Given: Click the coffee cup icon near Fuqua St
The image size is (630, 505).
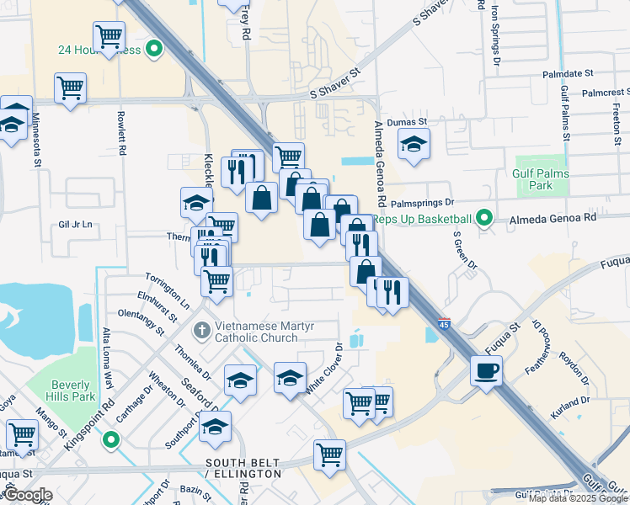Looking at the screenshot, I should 487,371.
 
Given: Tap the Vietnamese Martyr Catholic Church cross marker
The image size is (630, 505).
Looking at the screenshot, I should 201,329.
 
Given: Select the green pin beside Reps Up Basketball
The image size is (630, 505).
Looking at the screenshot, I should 483,219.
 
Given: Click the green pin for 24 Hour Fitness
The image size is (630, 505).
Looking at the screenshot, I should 153,50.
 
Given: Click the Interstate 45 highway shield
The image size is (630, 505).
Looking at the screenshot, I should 444,323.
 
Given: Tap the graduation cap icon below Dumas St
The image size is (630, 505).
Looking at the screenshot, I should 414,144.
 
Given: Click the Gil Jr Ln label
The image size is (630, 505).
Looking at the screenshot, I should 75,225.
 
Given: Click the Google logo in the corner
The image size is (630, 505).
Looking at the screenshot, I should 27,495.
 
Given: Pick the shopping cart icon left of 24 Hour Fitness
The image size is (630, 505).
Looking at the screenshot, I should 109,37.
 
